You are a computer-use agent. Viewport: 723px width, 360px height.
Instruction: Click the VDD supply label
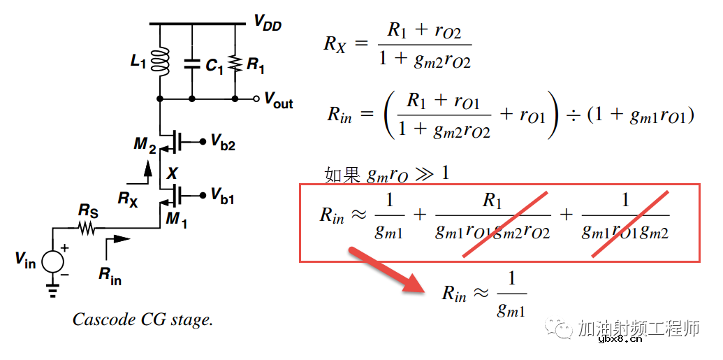point(268,24)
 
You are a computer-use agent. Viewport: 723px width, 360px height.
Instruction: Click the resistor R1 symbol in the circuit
point(235,64)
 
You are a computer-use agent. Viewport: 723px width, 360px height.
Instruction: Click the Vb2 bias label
point(223,143)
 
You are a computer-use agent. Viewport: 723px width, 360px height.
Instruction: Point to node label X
point(172,173)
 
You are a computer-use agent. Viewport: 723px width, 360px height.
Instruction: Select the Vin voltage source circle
point(53,261)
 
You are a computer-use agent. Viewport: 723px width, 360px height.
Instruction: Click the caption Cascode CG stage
point(143,320)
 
